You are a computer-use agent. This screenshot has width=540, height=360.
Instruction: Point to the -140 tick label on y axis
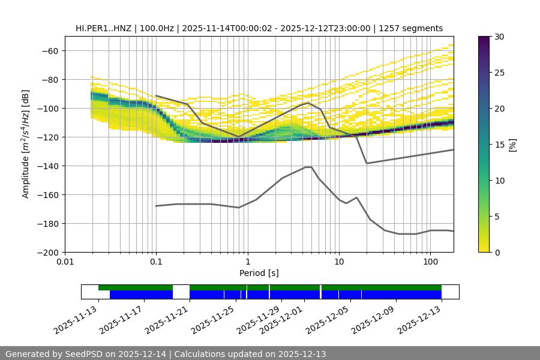click(50, 166)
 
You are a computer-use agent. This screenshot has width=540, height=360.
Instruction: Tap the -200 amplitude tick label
click(50, 252)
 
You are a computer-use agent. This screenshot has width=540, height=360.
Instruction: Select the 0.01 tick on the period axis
click(65, 262)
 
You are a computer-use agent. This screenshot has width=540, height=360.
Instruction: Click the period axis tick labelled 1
click(247, 262)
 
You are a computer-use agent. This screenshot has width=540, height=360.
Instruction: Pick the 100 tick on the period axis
click(430, 262)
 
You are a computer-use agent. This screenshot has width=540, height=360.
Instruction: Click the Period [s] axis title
click(259, 273)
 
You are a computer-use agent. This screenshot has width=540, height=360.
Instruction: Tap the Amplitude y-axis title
click(26, 144)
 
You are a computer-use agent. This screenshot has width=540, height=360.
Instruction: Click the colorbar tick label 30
click(499, 37)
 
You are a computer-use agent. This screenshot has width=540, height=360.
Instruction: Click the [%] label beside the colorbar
click(512, 145)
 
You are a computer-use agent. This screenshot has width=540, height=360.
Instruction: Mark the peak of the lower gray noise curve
click(308, 167)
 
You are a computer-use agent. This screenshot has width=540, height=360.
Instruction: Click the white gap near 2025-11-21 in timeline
click(181, 292)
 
